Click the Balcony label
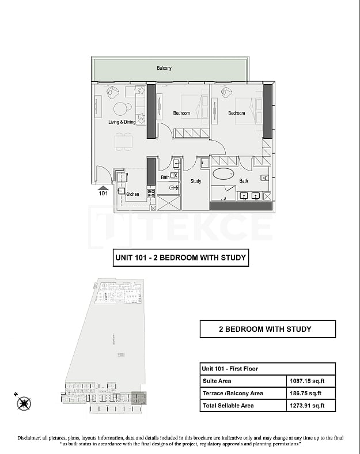(164, 69)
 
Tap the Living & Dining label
(122, 122)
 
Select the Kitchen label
(132, 194)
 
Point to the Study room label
(196, 181)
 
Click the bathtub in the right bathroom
(223, 173)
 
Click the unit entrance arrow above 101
(103, 187)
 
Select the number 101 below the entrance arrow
(103, 194)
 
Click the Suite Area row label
(217, 381)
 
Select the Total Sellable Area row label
(228, 406)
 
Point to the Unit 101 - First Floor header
(230, 369)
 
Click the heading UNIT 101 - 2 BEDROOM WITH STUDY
(181, 258)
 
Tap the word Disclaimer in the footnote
(34, 437)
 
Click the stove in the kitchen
(151, 193)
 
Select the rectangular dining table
(123, 141)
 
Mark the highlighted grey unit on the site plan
(138, 398)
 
